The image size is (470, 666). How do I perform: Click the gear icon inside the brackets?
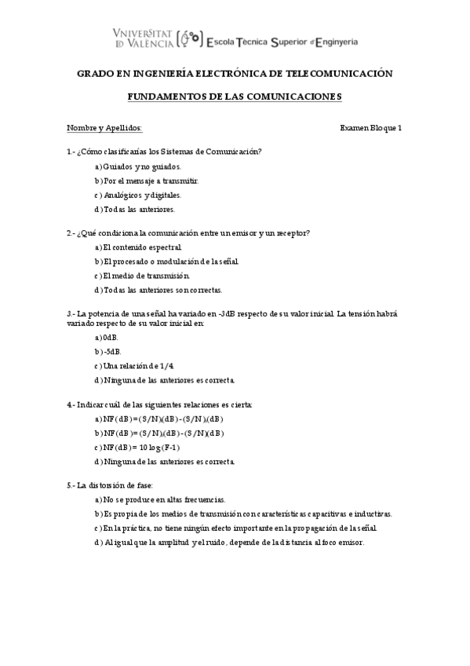tap(188, 37)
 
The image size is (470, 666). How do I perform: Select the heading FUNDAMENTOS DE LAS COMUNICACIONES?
tap(235, 97)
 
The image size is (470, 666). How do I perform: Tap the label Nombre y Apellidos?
tap(104, 128)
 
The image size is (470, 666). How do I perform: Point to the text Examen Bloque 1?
tap(371, 128)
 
